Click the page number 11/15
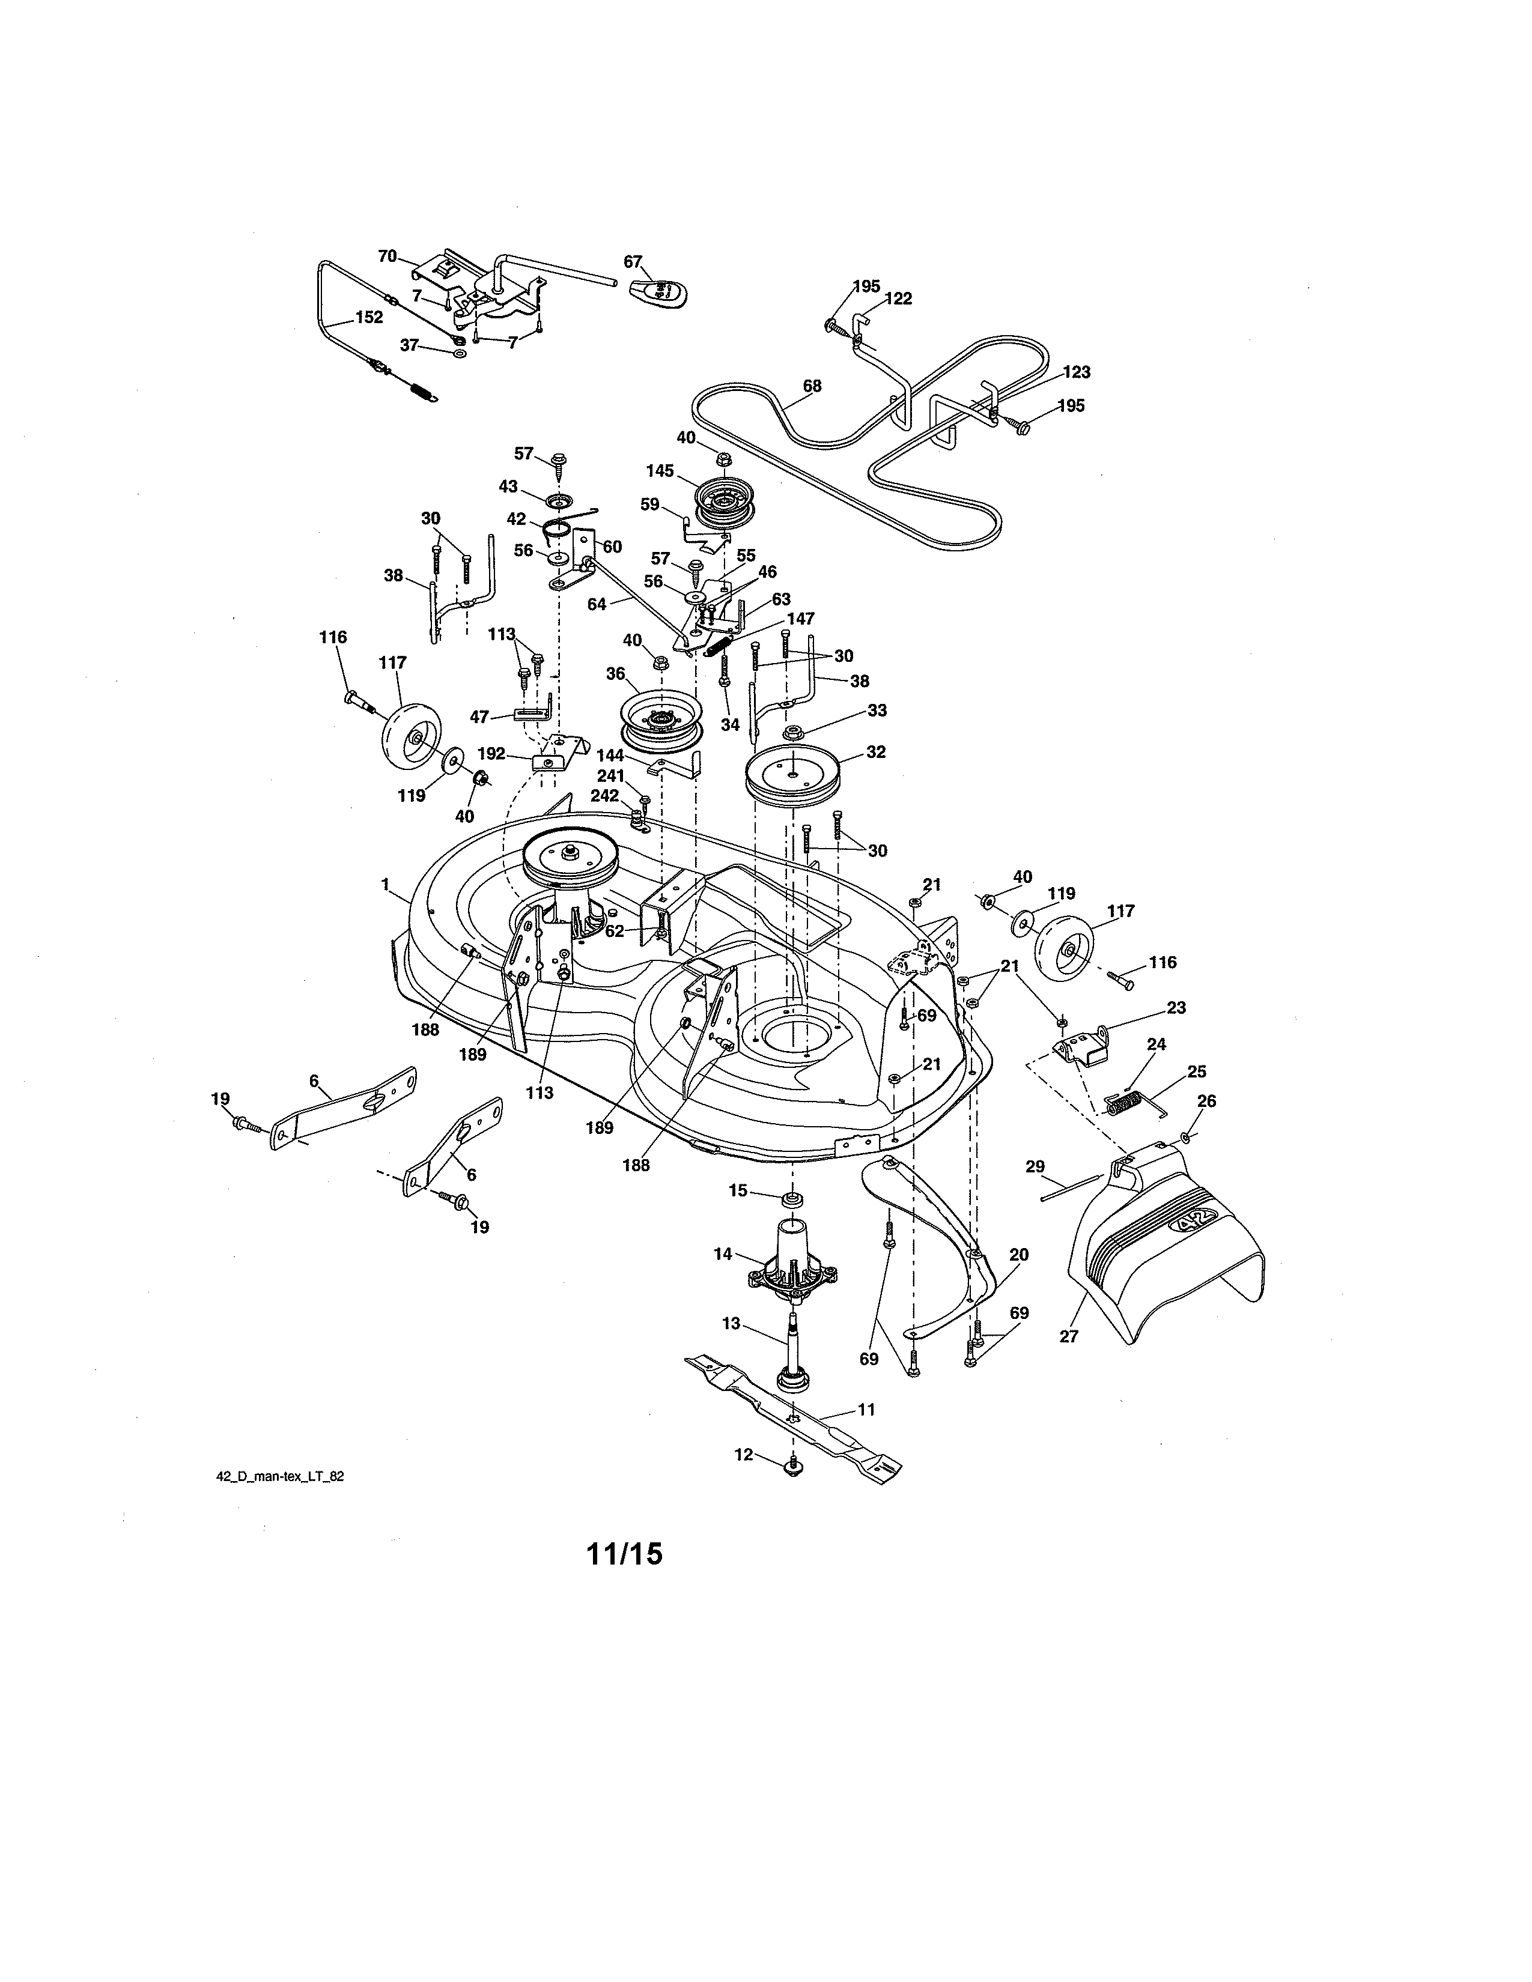[624, 1554]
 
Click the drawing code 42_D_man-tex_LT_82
[279, 1476]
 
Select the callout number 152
[368, 318]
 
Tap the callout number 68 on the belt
[812, 386]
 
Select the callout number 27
[1068, 1336]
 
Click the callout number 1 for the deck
[385, 883]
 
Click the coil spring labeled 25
[1125, 1105]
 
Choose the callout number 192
[491, 753]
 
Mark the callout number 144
[610, 755]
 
